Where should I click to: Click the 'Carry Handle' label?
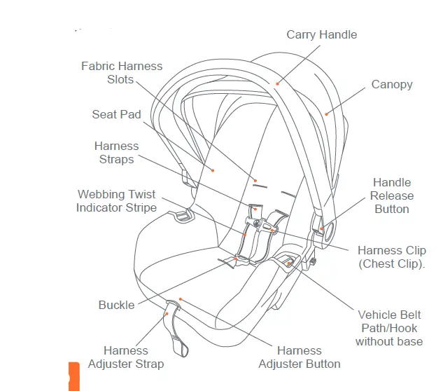[x=321, y=34]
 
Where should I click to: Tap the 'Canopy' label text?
[x=391, y=84]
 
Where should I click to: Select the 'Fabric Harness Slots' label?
[x=121, y=72]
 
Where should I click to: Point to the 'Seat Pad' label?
[x=116, y=114]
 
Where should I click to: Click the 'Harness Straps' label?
[x=116, y=153]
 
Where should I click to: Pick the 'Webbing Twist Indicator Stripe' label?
[x=116, y=200]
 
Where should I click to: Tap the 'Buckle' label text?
[x=116, y=306]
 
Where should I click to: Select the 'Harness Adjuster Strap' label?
[x=126, y=357]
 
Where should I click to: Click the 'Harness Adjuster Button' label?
[x=299, y=357]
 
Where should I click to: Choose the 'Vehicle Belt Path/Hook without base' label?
[x=388, y=328]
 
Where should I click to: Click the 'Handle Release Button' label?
[x=391, y=195]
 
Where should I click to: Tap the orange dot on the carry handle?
[x=278, y=84]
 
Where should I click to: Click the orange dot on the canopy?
[x=326, y=113]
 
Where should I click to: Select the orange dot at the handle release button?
[x=321, y=228]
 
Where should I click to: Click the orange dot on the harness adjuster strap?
[x=166, y=314]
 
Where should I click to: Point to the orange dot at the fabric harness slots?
[x=255, y=179]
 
